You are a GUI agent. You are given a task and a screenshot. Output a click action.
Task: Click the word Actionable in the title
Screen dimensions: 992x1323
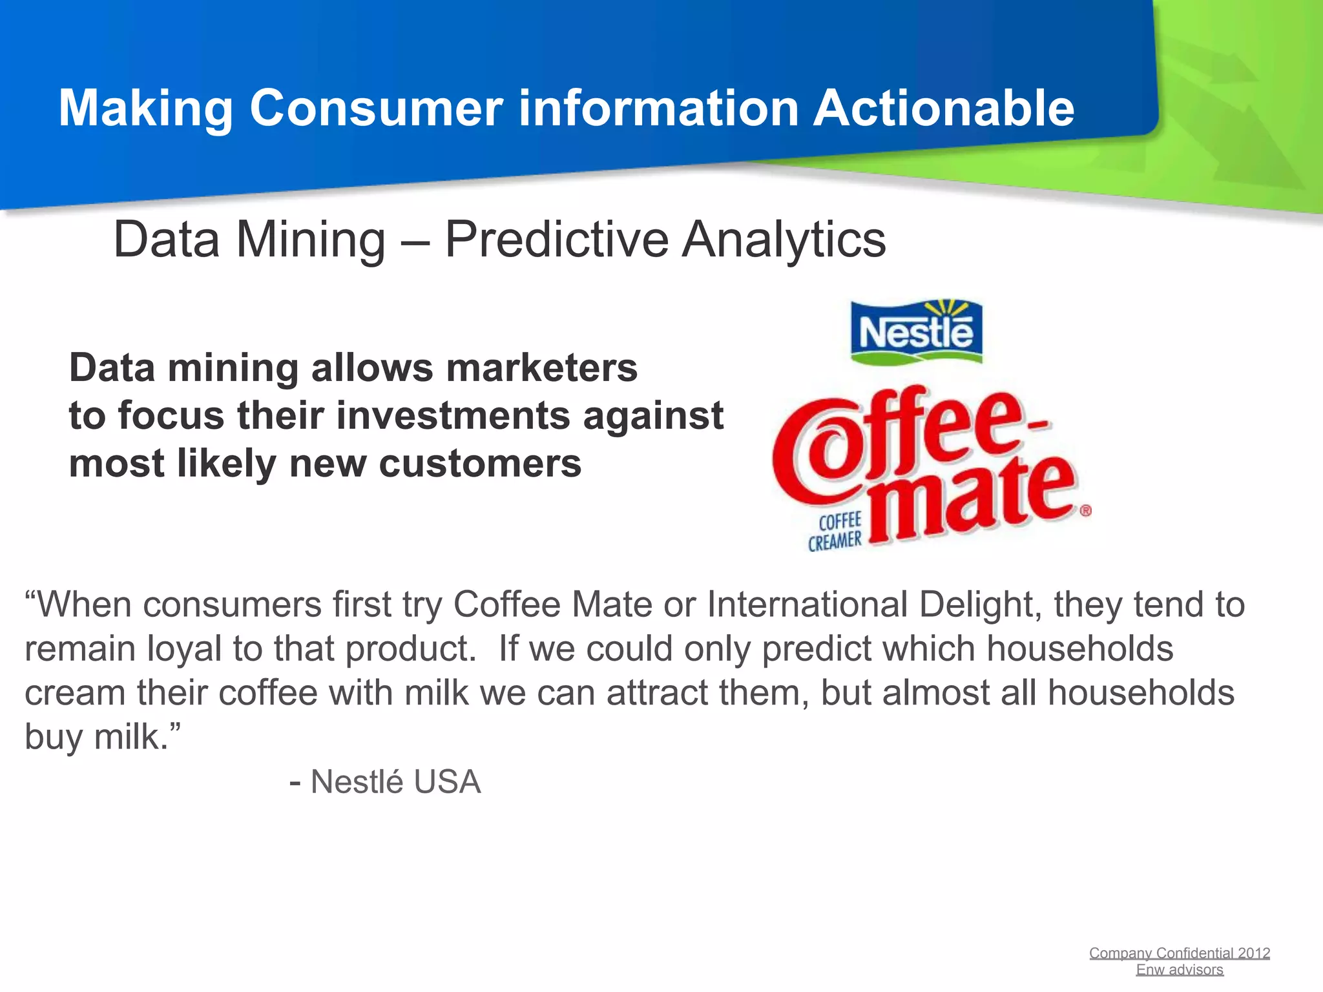click(943, 108)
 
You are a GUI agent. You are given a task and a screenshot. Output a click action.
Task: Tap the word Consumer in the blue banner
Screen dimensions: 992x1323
click(376, 108)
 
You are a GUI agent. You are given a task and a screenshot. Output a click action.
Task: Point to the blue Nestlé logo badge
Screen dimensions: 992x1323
click(916, 333)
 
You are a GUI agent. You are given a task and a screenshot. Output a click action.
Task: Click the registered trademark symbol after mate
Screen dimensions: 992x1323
click(1085, 510)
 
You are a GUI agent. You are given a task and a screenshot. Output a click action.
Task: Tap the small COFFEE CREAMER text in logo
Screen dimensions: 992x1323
click(836, 532)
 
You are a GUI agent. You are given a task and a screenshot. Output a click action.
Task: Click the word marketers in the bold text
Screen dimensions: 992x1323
click(541, 368)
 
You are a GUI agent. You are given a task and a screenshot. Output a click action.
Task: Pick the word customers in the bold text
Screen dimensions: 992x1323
click(479, 464)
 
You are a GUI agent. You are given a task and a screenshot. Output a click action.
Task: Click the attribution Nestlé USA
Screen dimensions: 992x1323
click(395, 782)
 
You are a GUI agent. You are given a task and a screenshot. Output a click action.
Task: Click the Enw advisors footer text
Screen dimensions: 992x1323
click(1180, 969)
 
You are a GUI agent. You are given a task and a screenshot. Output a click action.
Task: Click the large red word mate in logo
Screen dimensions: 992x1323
click(969, 497)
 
